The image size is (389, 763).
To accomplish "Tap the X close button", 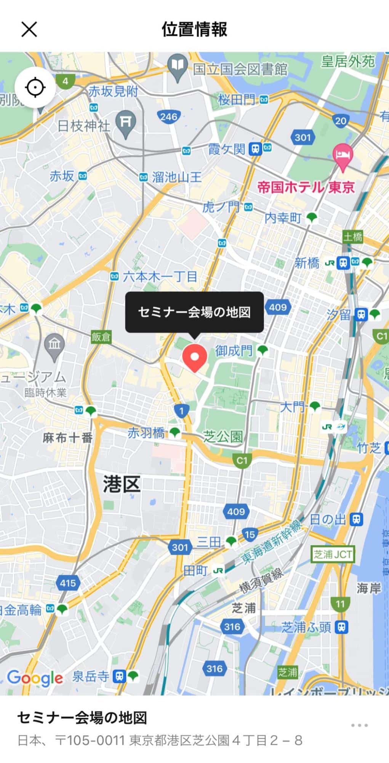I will (29, 29).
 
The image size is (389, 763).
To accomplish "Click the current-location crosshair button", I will (35, 88).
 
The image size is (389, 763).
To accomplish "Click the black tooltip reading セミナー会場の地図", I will (194, 312).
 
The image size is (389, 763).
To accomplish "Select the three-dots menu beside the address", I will (359, 725).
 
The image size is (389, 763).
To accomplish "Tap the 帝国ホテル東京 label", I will (306, 187).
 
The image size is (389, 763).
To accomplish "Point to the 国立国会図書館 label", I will (240, 69).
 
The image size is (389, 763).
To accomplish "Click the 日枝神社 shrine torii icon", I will (126, 122).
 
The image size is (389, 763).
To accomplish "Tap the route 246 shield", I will (169, 117).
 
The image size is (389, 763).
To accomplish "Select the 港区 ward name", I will (122, 485).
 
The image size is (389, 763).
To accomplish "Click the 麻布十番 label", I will (68, 438).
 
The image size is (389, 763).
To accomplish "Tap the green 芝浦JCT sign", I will (333, 554).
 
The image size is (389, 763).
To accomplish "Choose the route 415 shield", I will (68, 583).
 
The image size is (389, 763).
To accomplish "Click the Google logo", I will (35, 678).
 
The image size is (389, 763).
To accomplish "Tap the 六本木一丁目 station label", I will (160, 277).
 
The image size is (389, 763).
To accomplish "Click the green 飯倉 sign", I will (101, 337).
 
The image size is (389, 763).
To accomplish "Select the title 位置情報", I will (194, 29).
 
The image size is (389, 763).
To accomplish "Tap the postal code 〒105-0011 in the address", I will (90, 740).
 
